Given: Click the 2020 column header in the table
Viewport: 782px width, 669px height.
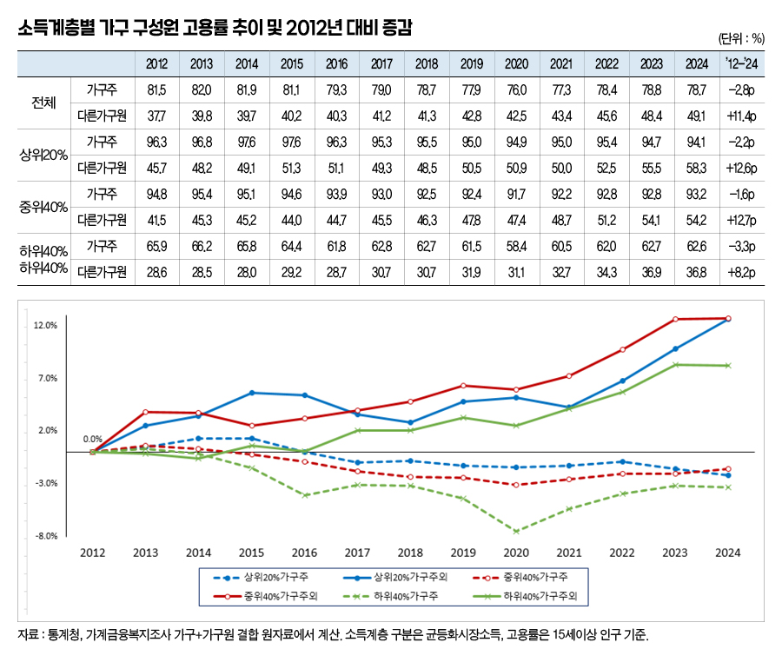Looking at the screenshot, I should pyautogui.click(x=516, y=64).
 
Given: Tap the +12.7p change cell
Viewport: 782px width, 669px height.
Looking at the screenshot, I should pyautogui.click(x=741, y=220).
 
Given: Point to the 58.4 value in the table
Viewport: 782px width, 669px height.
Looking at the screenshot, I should pyautogui.click(x=516, y=246).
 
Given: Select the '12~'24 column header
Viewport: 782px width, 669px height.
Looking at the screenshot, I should pyautogui.click(x=741, y=64).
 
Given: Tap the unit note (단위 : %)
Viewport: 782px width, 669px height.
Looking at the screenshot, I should pyautogui.click(x=741, y=38).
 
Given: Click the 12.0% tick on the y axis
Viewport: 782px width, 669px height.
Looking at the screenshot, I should pyautogui.click(x=45, y=326).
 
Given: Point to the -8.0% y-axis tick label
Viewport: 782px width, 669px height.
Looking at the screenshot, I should pyautogui.click(x=45, y=535).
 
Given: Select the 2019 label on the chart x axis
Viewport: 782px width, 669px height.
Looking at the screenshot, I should pyautogui.click(x=463, y=553).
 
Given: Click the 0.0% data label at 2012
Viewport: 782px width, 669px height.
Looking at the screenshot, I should pyautogui.click(x=93, y=440).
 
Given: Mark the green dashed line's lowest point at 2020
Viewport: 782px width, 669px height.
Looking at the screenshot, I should pyautogui.click(x=516, y=531).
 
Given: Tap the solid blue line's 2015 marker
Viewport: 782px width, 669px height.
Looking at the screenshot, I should pyautogui.click(x=251, y=393).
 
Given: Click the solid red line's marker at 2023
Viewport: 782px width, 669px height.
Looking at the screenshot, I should pyautogui.click(x=675, y=319).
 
